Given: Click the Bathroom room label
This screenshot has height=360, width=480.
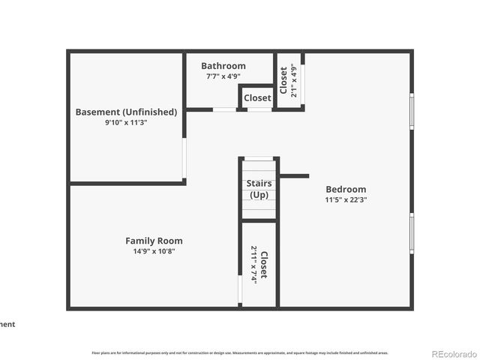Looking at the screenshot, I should pos(223,66).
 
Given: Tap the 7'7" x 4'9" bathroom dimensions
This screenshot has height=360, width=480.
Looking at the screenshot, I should pos(223,76).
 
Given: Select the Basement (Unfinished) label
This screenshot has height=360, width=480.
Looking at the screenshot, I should pos(126,112).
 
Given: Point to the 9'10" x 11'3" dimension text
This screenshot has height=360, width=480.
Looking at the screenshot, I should pos(126,122).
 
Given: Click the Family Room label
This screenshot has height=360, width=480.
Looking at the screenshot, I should pos(154,241).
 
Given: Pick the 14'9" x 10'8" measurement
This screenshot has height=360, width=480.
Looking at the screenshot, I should pos(154,251).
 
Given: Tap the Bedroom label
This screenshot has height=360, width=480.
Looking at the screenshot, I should pos(346,189).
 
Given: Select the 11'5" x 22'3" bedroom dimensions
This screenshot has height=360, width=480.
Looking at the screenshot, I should pos(346,199).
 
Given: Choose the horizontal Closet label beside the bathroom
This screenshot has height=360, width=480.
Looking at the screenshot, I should pos(257,98).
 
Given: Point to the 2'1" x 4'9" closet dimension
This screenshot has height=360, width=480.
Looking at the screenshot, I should pos(294,80).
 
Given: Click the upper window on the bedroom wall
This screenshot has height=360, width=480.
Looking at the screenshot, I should pos(411,110).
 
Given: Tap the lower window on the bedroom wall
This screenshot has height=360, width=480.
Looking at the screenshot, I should pos(411,232).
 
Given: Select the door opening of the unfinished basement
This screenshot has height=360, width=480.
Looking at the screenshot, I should pos(184,158).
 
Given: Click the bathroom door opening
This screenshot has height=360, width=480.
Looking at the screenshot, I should pos(224,109).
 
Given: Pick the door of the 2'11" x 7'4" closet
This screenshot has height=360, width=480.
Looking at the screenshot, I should pos(240,289).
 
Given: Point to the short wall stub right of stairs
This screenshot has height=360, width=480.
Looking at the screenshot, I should pos(294,176).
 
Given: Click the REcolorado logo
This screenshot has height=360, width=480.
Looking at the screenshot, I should pos(453,353).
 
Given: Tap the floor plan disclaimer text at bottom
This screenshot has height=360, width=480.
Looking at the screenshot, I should pos(240,352).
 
